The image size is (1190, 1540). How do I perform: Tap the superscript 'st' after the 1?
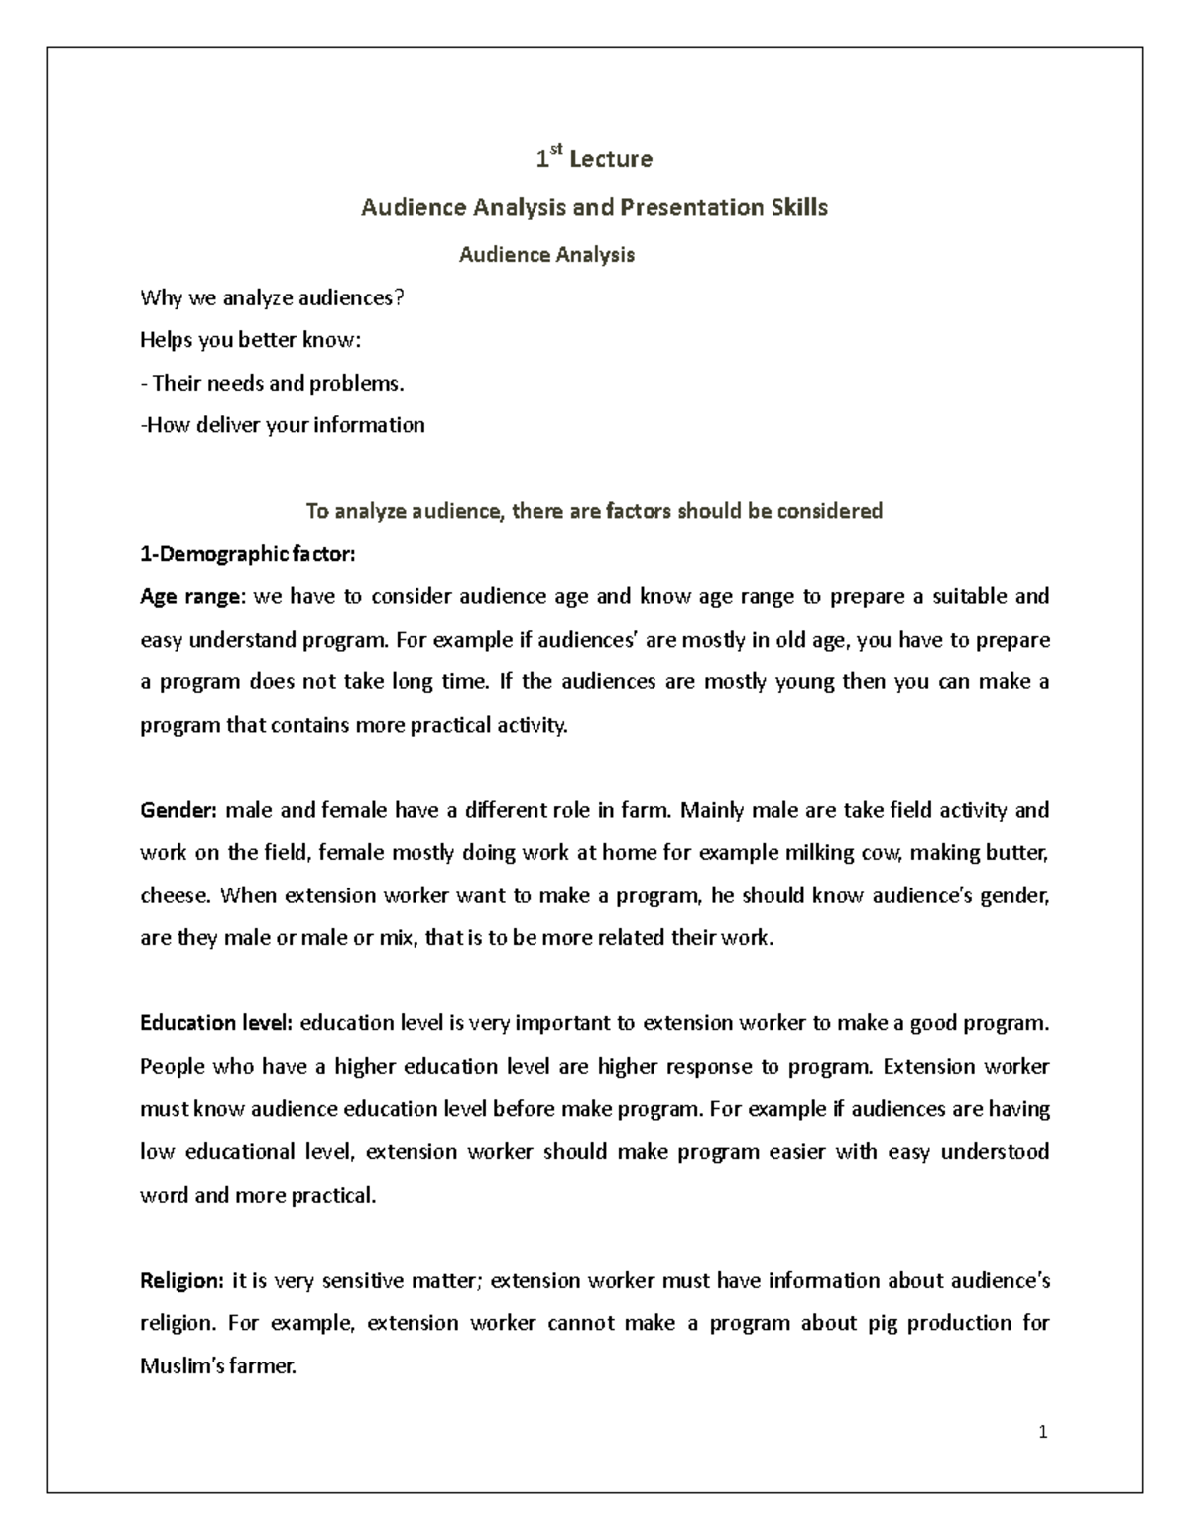tap(556, 151)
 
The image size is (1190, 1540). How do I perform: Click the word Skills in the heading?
tap(799, 207)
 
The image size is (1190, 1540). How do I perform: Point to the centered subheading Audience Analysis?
tap(546, 255)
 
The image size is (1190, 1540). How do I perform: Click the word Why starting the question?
tap(160, 297)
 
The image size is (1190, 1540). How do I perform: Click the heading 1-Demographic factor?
tap(247, 554)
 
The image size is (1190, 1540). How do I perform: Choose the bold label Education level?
tap(216, 1023)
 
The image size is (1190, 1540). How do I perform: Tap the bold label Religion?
tap(182, 1280)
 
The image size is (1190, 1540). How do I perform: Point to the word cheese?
tap(176, 895)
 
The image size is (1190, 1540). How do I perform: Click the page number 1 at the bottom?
tap(1043, 1432)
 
